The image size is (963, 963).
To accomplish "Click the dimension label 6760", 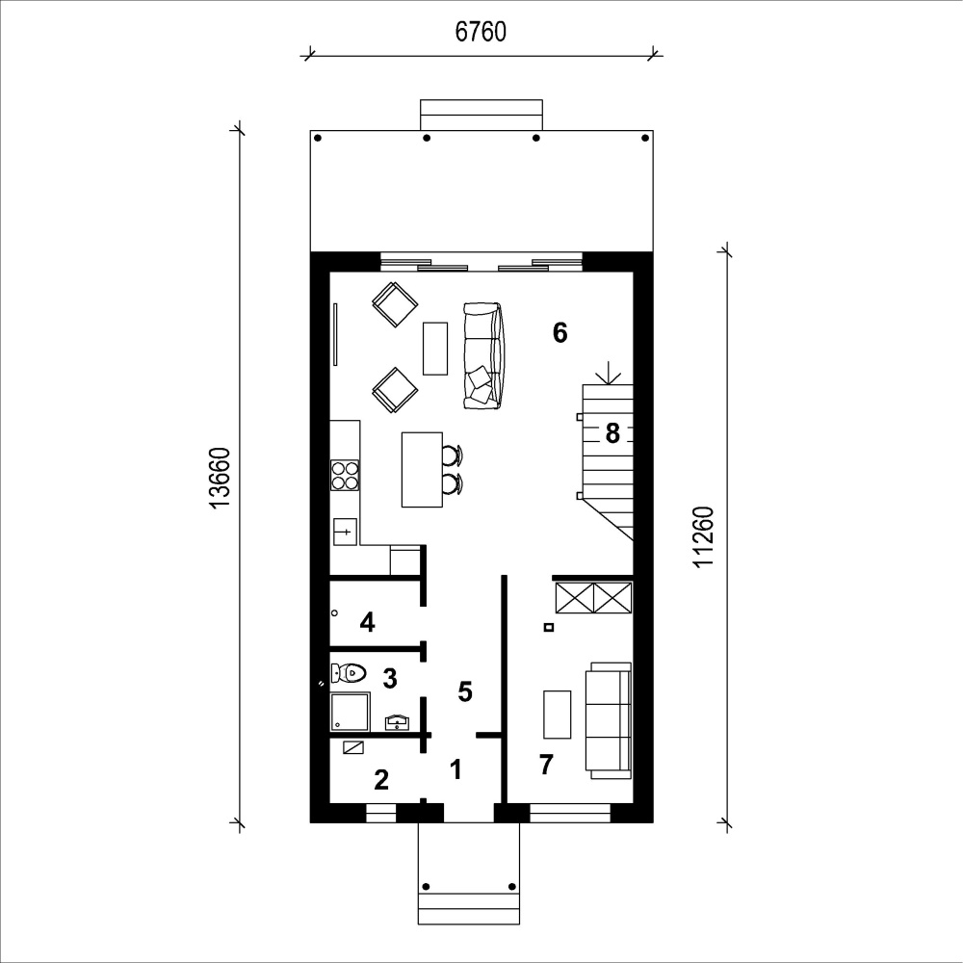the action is tap(481, 32).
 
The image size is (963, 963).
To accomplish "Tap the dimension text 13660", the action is tap(220, 479).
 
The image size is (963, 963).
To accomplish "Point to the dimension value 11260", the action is tap(704, 537).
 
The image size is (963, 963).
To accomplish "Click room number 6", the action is tap(560, 333).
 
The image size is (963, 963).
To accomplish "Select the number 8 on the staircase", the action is tap(612, 433).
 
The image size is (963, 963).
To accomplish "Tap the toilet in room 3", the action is tap(349, 672).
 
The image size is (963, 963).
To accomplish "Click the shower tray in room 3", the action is tap(351, 712).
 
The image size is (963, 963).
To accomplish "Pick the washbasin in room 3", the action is tap(398, 722).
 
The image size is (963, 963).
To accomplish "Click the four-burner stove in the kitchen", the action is tap(345, 476).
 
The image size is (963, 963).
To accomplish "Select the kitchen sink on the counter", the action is tap(345, 532).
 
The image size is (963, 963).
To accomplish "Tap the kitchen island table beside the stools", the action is tap(422, 470).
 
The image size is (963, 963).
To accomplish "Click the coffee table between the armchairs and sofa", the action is tap(435, 349).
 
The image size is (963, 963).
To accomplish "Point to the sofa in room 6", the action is tap(483, 355).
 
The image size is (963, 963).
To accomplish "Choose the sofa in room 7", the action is tap(608, 720).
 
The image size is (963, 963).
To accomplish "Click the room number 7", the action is tap(546, 766).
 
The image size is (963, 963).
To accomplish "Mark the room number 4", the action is tap(367, 623).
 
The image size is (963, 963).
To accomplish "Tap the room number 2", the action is tap(381, 780).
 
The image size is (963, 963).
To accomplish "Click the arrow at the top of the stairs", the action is tap(608, 373).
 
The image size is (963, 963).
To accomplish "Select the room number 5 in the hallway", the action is tap(465, 692).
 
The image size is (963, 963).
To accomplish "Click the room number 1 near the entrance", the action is tap(455, 769).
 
